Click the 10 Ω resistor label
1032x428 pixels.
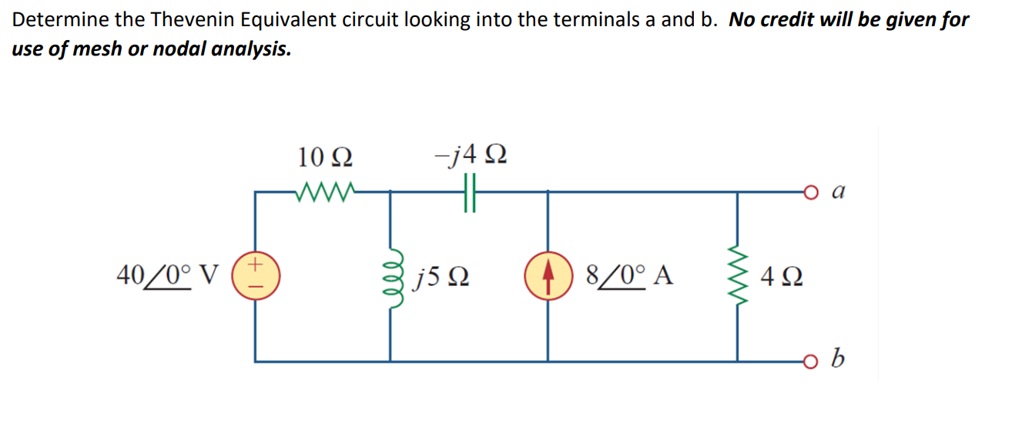325,157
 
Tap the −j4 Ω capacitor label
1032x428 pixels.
471,157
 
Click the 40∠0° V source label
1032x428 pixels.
167,274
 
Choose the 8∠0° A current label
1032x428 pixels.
629,275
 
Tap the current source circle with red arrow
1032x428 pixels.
548,275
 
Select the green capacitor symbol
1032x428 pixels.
471,190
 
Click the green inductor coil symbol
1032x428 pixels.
392,275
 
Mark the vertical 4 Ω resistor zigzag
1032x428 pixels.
738,275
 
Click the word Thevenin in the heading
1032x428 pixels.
193,20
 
